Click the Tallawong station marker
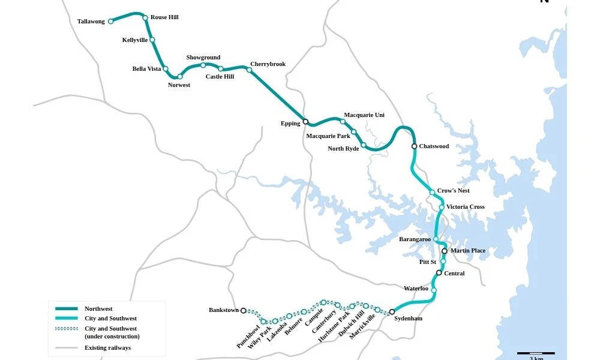(x=110, y=22)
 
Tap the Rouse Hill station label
(x=164, y=17)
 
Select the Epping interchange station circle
(x=305, y=122)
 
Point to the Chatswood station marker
(x=414, y=146)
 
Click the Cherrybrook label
(x=268, y=64)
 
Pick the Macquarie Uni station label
(x=364, y=115)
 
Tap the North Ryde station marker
(x=364, y=145)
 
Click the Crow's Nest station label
(x=453, y=191)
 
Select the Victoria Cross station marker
(x=442, y=208)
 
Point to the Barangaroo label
(x=415, y=239)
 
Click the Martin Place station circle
(x=444, y=251)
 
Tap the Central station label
(x=454, y=274)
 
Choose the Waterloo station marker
(x=434, y=291)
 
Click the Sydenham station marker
(x=392, y=312)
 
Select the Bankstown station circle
(x=243, y=311)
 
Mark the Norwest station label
(x=179, y=85)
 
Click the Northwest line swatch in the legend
(x=67, y=309)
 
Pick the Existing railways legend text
(x=107, y=348)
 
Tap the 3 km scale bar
(x=536, y=353)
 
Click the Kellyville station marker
(x=152, y=40)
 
